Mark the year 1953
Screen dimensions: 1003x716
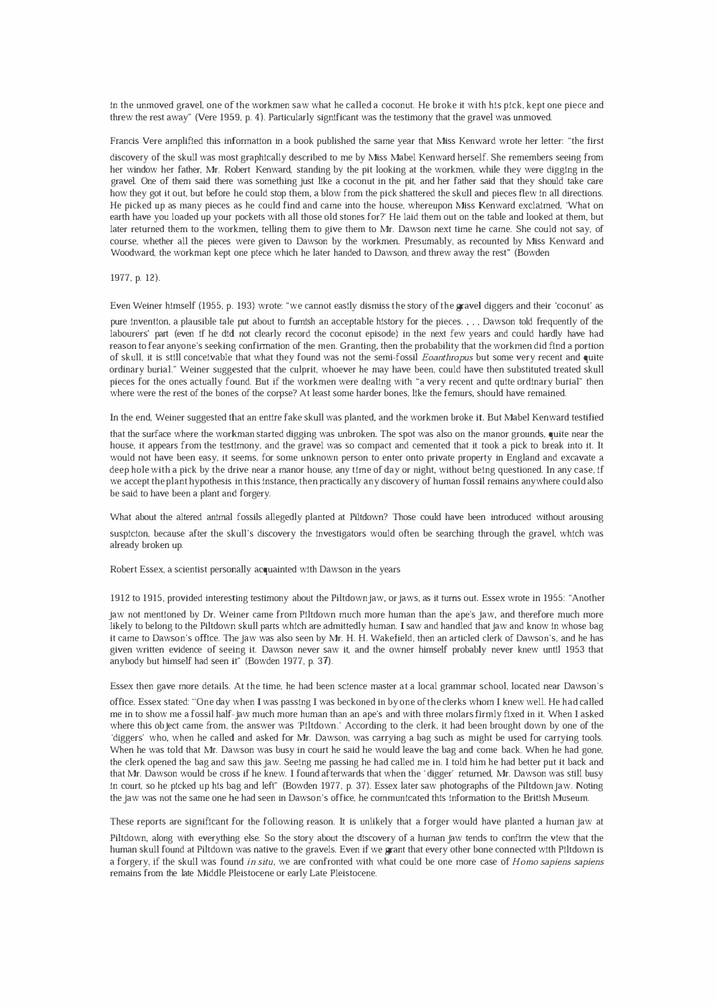pyautogui.click(x=567, y=650)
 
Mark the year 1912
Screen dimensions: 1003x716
pyautogui.click(x=120, y=598)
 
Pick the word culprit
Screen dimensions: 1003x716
pyautogui.click(x=277, y=370)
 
